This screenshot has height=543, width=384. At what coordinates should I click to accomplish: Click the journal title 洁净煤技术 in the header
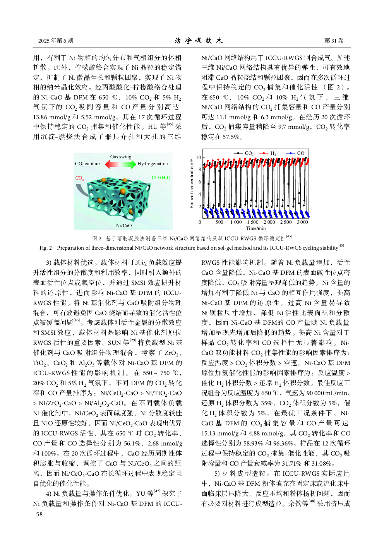point(199,41)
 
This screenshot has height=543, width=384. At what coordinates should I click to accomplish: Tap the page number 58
point(39,514)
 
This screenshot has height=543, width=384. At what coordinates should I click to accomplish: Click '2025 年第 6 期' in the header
point(56,41)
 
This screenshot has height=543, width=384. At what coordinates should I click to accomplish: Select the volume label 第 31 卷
point(334,41)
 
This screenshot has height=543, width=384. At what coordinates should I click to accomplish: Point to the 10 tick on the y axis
point(199,158)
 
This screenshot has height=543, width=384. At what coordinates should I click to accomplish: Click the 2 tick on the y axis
point(200,207)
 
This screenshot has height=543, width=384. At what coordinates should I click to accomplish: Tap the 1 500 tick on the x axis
point(253,222)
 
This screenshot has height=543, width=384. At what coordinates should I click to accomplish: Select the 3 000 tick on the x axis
point(302,222)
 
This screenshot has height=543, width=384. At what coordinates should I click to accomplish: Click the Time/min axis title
point(255,228)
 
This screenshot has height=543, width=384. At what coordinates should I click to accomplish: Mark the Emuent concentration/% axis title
point(192,183)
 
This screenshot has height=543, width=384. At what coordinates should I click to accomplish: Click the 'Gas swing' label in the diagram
point(121,157)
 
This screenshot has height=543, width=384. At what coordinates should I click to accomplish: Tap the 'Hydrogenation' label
point(153,164)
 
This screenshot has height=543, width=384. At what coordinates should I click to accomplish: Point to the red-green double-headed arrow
point(120,164)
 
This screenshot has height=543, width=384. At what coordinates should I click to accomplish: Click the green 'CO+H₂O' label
point(161,178)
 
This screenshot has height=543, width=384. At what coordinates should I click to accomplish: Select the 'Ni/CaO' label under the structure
point(124,225)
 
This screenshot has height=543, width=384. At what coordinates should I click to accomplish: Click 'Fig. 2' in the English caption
point(46,248)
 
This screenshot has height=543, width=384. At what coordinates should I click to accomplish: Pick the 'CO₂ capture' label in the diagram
point(87,164)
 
